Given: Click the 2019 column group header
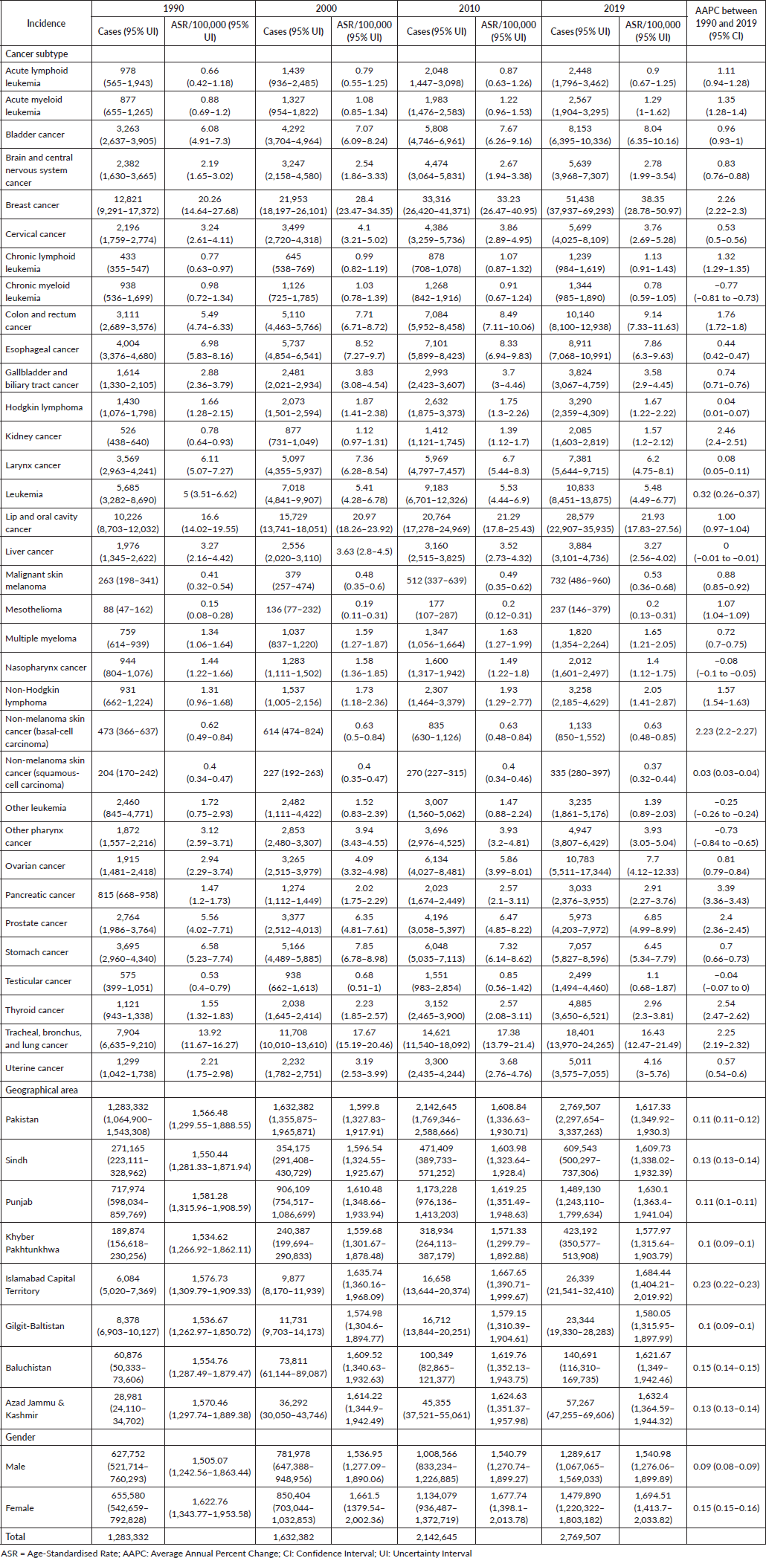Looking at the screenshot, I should pos(614,8).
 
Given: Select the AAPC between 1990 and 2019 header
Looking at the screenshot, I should pos(725,23).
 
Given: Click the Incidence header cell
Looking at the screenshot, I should pos(46,24).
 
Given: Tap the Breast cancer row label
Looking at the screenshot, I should pos(33,205).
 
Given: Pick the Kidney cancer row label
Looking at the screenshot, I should pos(33,436).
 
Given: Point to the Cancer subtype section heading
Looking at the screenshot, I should pos(36,54).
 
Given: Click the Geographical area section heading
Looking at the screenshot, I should pos(42,1090).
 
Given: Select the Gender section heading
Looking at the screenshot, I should pos(21,1437).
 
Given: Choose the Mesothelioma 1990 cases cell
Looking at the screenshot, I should pos(128,610).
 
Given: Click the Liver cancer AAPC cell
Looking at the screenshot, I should pos(726,552).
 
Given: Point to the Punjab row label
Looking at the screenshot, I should pos(19,1202).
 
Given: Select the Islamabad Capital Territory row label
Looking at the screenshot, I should pos(40,1284).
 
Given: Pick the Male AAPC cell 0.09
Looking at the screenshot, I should pos(726,1467).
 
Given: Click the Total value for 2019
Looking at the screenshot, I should pos(580,1537).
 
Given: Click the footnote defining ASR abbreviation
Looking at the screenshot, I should pos(89,1553).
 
